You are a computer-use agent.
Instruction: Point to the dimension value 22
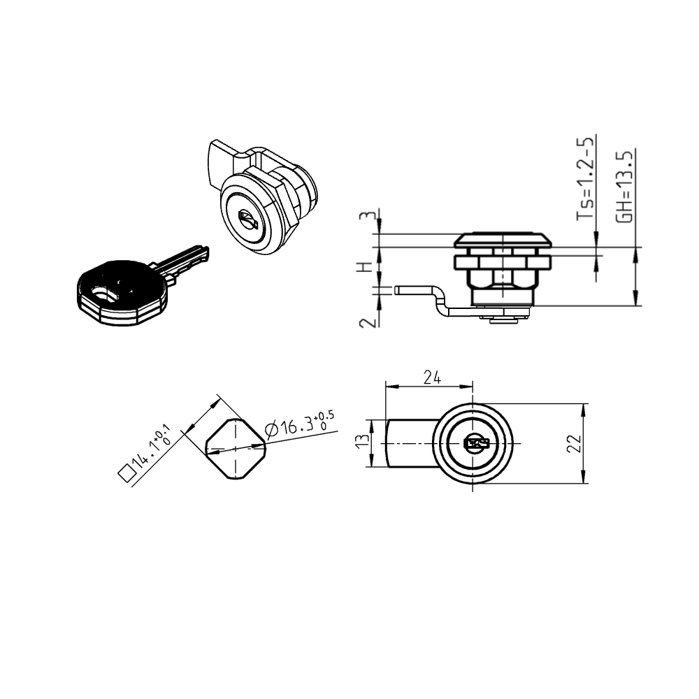(575, 443)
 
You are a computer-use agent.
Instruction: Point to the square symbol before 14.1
(127, 474)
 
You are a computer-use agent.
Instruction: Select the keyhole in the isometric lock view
(247, 222)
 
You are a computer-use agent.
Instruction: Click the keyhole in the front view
(475, 443)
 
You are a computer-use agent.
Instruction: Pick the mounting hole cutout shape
(236, 449)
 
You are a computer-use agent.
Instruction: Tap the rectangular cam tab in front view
(409, 443)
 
